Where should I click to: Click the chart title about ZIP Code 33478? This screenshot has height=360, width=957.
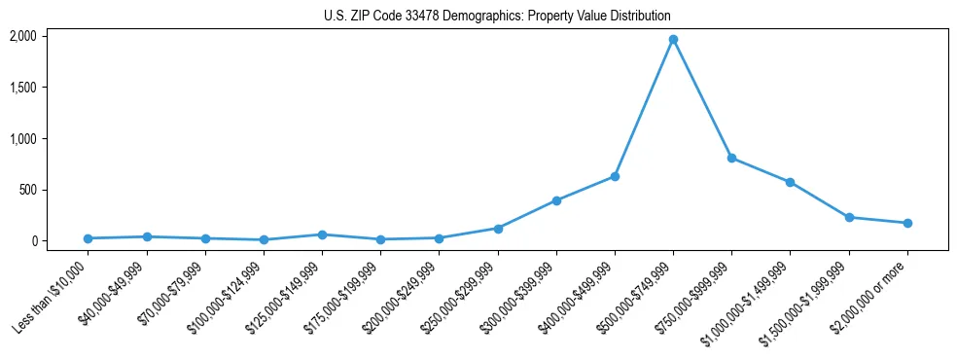(497, 17)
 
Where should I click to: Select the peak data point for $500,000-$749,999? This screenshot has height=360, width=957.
(673, 40)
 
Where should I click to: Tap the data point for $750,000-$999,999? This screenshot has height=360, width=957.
(731, 158)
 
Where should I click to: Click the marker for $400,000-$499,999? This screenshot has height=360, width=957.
(615, 176)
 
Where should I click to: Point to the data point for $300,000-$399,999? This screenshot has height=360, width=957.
(556, 200)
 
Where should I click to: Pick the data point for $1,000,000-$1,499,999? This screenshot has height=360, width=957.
(790, 182)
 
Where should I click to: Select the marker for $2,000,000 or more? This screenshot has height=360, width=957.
(907, 223)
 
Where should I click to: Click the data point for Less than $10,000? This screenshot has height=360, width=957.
(88, 238)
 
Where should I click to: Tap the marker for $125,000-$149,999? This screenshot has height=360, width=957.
(322, 234)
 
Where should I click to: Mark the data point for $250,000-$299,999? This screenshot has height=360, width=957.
(498, 229)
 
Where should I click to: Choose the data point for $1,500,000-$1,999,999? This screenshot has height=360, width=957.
(849, 217)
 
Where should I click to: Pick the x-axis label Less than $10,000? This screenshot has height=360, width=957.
(51, 297)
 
